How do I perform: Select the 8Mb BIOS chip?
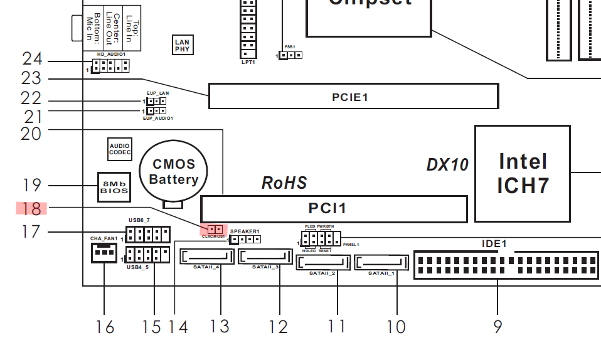[114, 187]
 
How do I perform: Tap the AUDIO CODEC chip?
[119, 149]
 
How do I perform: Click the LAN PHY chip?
[182, 45]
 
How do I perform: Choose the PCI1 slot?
[334, 209]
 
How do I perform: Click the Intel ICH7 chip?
[522, 174]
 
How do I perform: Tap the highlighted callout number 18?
[31, 208]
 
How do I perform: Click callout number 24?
[32, 60]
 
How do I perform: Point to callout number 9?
[497, 327]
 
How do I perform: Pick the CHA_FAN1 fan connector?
[104, 253]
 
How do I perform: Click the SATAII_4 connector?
[206, 257]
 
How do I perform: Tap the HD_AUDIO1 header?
[110, 65]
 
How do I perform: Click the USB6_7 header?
[147, 235]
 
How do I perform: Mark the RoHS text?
[284, 183]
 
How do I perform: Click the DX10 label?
[447, 165]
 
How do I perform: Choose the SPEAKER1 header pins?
[245, 239]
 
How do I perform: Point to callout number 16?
[105, 327]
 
